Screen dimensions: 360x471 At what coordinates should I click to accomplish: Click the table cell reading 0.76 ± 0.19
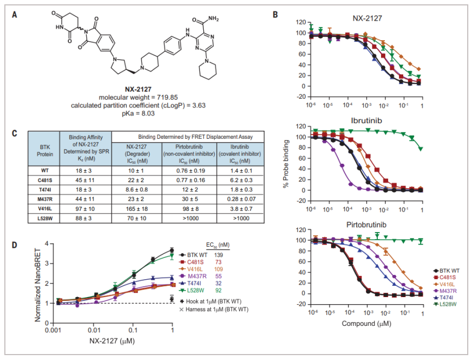point(187,170)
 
